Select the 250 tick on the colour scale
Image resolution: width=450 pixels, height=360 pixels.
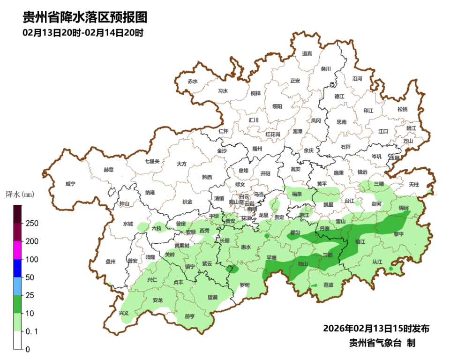[x=32, y=223]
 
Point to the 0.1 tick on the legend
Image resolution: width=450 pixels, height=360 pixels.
[x=32, y=331]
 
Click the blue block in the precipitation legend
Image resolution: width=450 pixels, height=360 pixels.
[x=17, y=268]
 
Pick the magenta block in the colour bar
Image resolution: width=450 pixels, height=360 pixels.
[x=17, y=250]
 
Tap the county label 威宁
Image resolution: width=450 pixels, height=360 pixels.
[x=70, y=184]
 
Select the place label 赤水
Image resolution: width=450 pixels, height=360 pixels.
[x=193, y=82]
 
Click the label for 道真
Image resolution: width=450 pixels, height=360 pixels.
[x=307, y=54]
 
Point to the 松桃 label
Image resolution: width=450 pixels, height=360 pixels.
[x=402, y=109]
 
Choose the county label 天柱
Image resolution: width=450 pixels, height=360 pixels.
[x=413, y=185]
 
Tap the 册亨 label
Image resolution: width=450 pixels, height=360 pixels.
[x=190, y=316]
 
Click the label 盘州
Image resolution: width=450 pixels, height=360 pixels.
[x=111, y=262]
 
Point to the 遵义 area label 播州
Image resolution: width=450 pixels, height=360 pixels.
[x=257, y=149]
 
